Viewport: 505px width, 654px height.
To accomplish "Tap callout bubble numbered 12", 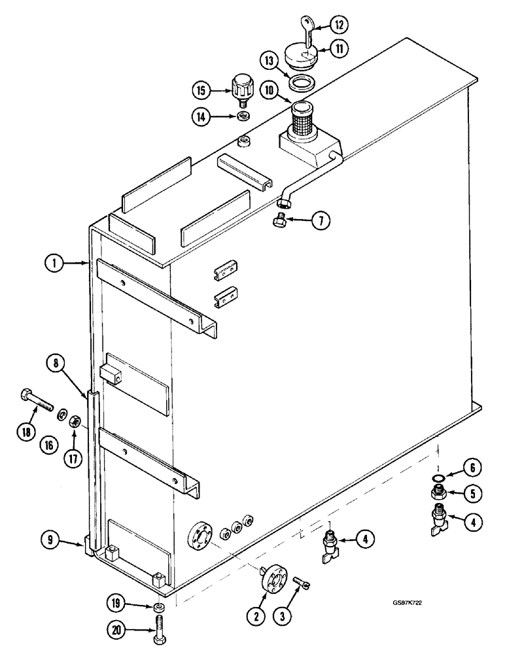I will click(x=339, y=24).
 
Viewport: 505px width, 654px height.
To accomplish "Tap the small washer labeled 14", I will click(x=244, y=116).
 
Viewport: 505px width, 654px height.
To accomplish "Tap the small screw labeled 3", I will click(x=300, y=580).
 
